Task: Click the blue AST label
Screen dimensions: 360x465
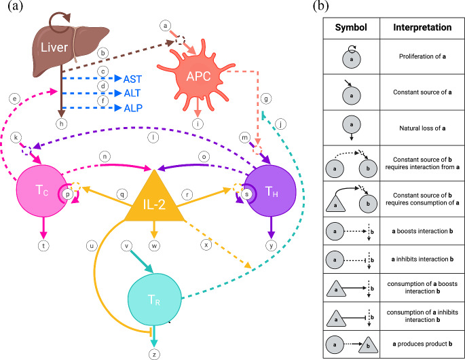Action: pos(134,79)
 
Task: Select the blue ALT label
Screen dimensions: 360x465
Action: pos(133,93)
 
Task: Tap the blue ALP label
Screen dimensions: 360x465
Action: pos(133,108)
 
